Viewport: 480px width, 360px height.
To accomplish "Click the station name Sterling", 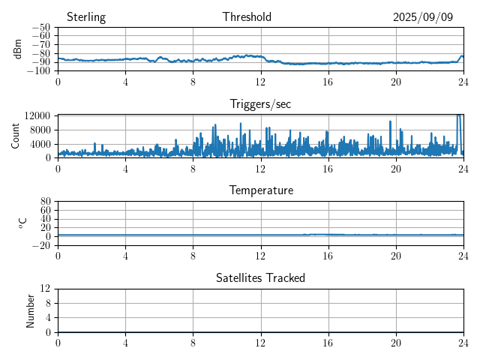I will pos(86,17).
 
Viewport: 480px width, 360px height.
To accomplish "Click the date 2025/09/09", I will pos(423,17).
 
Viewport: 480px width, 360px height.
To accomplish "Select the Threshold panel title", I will pos(247,17).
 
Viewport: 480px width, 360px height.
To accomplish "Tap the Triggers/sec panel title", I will pos(260,104).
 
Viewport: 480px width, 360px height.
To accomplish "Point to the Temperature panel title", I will pos(261,190).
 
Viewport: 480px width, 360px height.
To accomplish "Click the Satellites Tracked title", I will pos(260,277).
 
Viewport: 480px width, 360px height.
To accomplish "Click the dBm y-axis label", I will pos(18,49).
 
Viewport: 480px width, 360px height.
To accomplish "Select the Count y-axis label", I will pos(16,136).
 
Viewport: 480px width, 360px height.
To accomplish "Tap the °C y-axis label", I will pos(22,223).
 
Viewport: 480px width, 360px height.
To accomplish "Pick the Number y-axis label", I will pos(31,310).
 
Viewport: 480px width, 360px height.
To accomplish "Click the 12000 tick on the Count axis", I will pos(37,115).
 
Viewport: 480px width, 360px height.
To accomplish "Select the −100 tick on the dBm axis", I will pos(37,71).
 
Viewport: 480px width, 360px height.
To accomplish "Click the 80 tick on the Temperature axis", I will pos(45,202).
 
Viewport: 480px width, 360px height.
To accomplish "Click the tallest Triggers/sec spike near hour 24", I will pos(459,116).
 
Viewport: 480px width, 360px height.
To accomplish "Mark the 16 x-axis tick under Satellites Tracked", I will pos(328,342).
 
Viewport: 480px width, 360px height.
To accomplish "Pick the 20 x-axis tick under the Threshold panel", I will pos(396,82).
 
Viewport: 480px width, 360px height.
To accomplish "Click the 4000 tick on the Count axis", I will pos(40,143).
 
